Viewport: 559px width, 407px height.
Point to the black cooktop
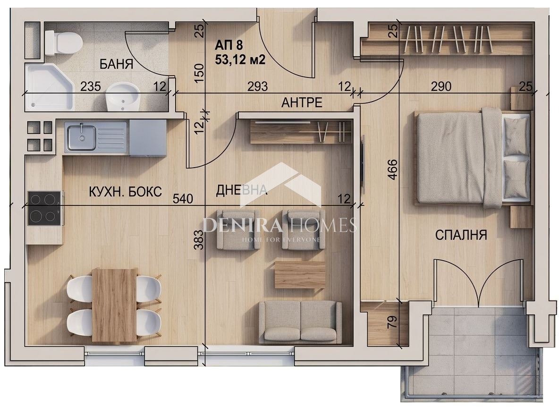point(44,208)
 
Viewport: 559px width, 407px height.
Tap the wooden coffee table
point(300,274)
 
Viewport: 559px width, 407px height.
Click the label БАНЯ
point(116,64)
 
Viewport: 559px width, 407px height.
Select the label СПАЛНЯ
point(461,235)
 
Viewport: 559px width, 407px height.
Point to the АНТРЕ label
point(302,102)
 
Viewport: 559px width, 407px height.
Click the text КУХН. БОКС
point(125,192)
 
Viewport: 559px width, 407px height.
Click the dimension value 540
point(183,198)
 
